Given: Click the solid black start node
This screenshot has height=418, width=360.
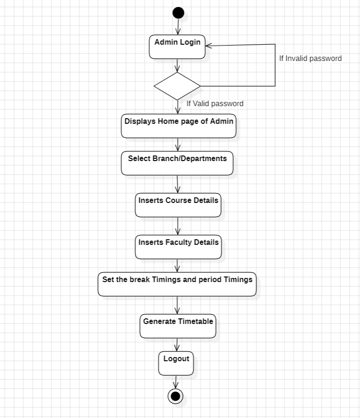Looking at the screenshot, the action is (178, 13).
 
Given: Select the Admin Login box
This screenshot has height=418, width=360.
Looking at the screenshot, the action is (177, 47).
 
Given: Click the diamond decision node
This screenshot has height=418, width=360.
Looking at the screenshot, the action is (177, 86).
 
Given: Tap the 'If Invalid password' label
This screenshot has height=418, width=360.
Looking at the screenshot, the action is (310, 58).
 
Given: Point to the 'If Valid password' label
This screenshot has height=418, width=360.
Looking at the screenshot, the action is (215, 103).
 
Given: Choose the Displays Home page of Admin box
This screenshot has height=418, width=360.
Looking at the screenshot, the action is (179, 126).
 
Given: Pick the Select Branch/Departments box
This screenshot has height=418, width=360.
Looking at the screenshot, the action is (177, 163).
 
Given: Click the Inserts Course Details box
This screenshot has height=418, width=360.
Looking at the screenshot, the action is (178, 205).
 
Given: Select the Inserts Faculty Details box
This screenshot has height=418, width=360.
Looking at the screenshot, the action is (178, 247).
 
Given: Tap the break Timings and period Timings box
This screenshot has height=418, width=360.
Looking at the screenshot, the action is (177, 284).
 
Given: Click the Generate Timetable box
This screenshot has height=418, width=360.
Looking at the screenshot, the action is (178, 326).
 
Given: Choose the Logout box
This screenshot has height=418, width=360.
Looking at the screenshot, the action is (176, 364).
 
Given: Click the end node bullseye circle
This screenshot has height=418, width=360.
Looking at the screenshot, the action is (176, 396).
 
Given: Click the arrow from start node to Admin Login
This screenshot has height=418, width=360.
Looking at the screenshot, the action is (178, 27).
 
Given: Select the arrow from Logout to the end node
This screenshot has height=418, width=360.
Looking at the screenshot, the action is (176, 382).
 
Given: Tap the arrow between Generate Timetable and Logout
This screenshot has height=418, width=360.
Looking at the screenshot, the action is (177, 345).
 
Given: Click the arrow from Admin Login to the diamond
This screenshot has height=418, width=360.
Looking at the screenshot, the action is (177, 66).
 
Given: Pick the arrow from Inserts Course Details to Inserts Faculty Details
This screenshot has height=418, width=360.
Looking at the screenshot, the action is (178, 226).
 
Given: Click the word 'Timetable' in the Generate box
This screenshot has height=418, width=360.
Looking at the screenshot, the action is (196, 322).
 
